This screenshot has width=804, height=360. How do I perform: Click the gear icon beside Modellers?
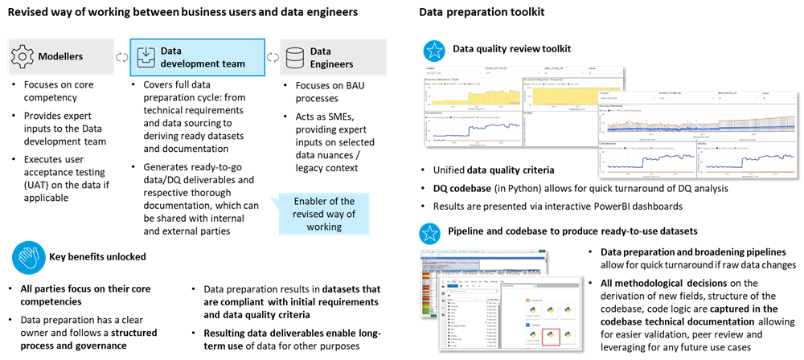click(x=23, y=56)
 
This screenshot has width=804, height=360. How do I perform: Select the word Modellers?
click(x=60, y=56)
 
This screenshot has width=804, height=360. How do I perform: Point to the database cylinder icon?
click(x=295, y=56)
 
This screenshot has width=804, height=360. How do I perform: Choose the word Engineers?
click(x=332, y=64)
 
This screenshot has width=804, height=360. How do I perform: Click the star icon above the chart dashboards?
click(x=434, y=51)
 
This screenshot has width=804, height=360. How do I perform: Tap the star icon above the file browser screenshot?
click(x=430, y=234)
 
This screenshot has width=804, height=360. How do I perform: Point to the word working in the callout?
click(x=323, y=227)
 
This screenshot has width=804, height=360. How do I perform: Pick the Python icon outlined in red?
click(x=551, y=335)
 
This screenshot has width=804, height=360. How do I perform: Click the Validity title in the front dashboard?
click(x=704, y=143)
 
